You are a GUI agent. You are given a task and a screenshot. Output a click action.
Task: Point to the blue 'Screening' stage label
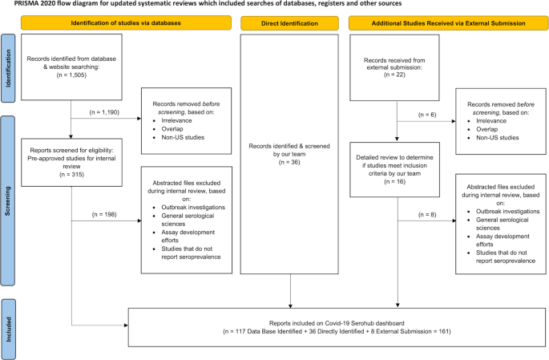[9, 200]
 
